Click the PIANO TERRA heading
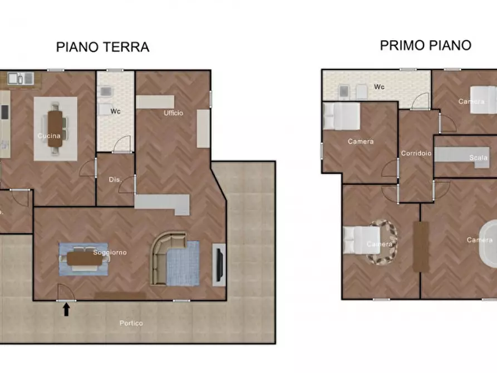[x=102, y=47]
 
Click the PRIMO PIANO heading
[x=425, y=45]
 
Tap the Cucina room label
[x=49, y=136]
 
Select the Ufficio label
[x=173, y=113]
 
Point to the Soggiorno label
[x=110, y=252]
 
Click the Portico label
[x=131, y=323]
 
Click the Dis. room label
[x=115, y=179]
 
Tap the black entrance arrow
[x=66, y=309]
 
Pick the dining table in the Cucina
[x=56, y=129]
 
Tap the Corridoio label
[x=416, y=153]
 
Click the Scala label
[x=478, y=158]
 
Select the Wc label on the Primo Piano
[x=379, y=87]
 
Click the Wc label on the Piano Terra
[x=115, y=111]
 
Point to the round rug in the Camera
[x=382, y=242]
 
